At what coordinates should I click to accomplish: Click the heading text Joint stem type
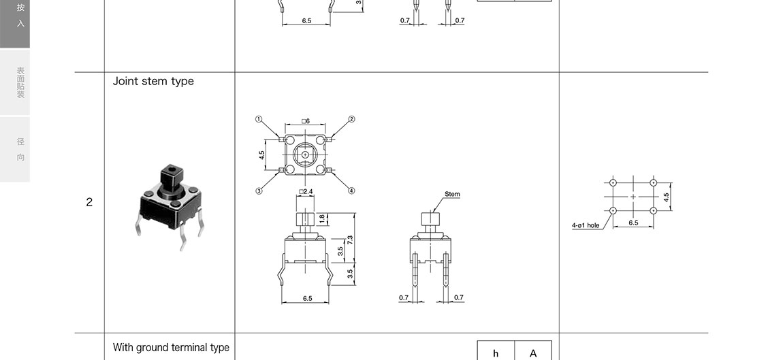click(153, 81)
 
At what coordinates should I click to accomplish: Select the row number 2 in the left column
click(89, 202)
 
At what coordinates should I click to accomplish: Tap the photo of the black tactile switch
click(170, 204)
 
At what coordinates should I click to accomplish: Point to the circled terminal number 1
click(259, 119)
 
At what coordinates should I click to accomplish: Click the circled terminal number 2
click(351, 119)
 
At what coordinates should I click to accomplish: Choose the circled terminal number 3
click(259, 191)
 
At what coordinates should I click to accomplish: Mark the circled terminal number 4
click(351, 191)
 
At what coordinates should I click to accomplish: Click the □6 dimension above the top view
click(306, 121)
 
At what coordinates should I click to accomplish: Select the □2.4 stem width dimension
click(306, 192)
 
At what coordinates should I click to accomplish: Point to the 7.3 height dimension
click(350, 240)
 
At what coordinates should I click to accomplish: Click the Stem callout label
click(452, 195)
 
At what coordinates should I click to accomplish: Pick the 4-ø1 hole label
click(586, 225)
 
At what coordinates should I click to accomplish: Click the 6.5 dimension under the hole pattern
click(633, 223)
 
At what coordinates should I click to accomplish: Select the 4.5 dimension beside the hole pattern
click(667, 197)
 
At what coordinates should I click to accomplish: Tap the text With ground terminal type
click(171, 348)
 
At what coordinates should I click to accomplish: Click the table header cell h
click(496, 353)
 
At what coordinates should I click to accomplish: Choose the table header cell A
click(533, 353)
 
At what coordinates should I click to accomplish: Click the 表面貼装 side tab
click(20, 82)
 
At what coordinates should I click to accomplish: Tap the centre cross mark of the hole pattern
click(633, 197)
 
